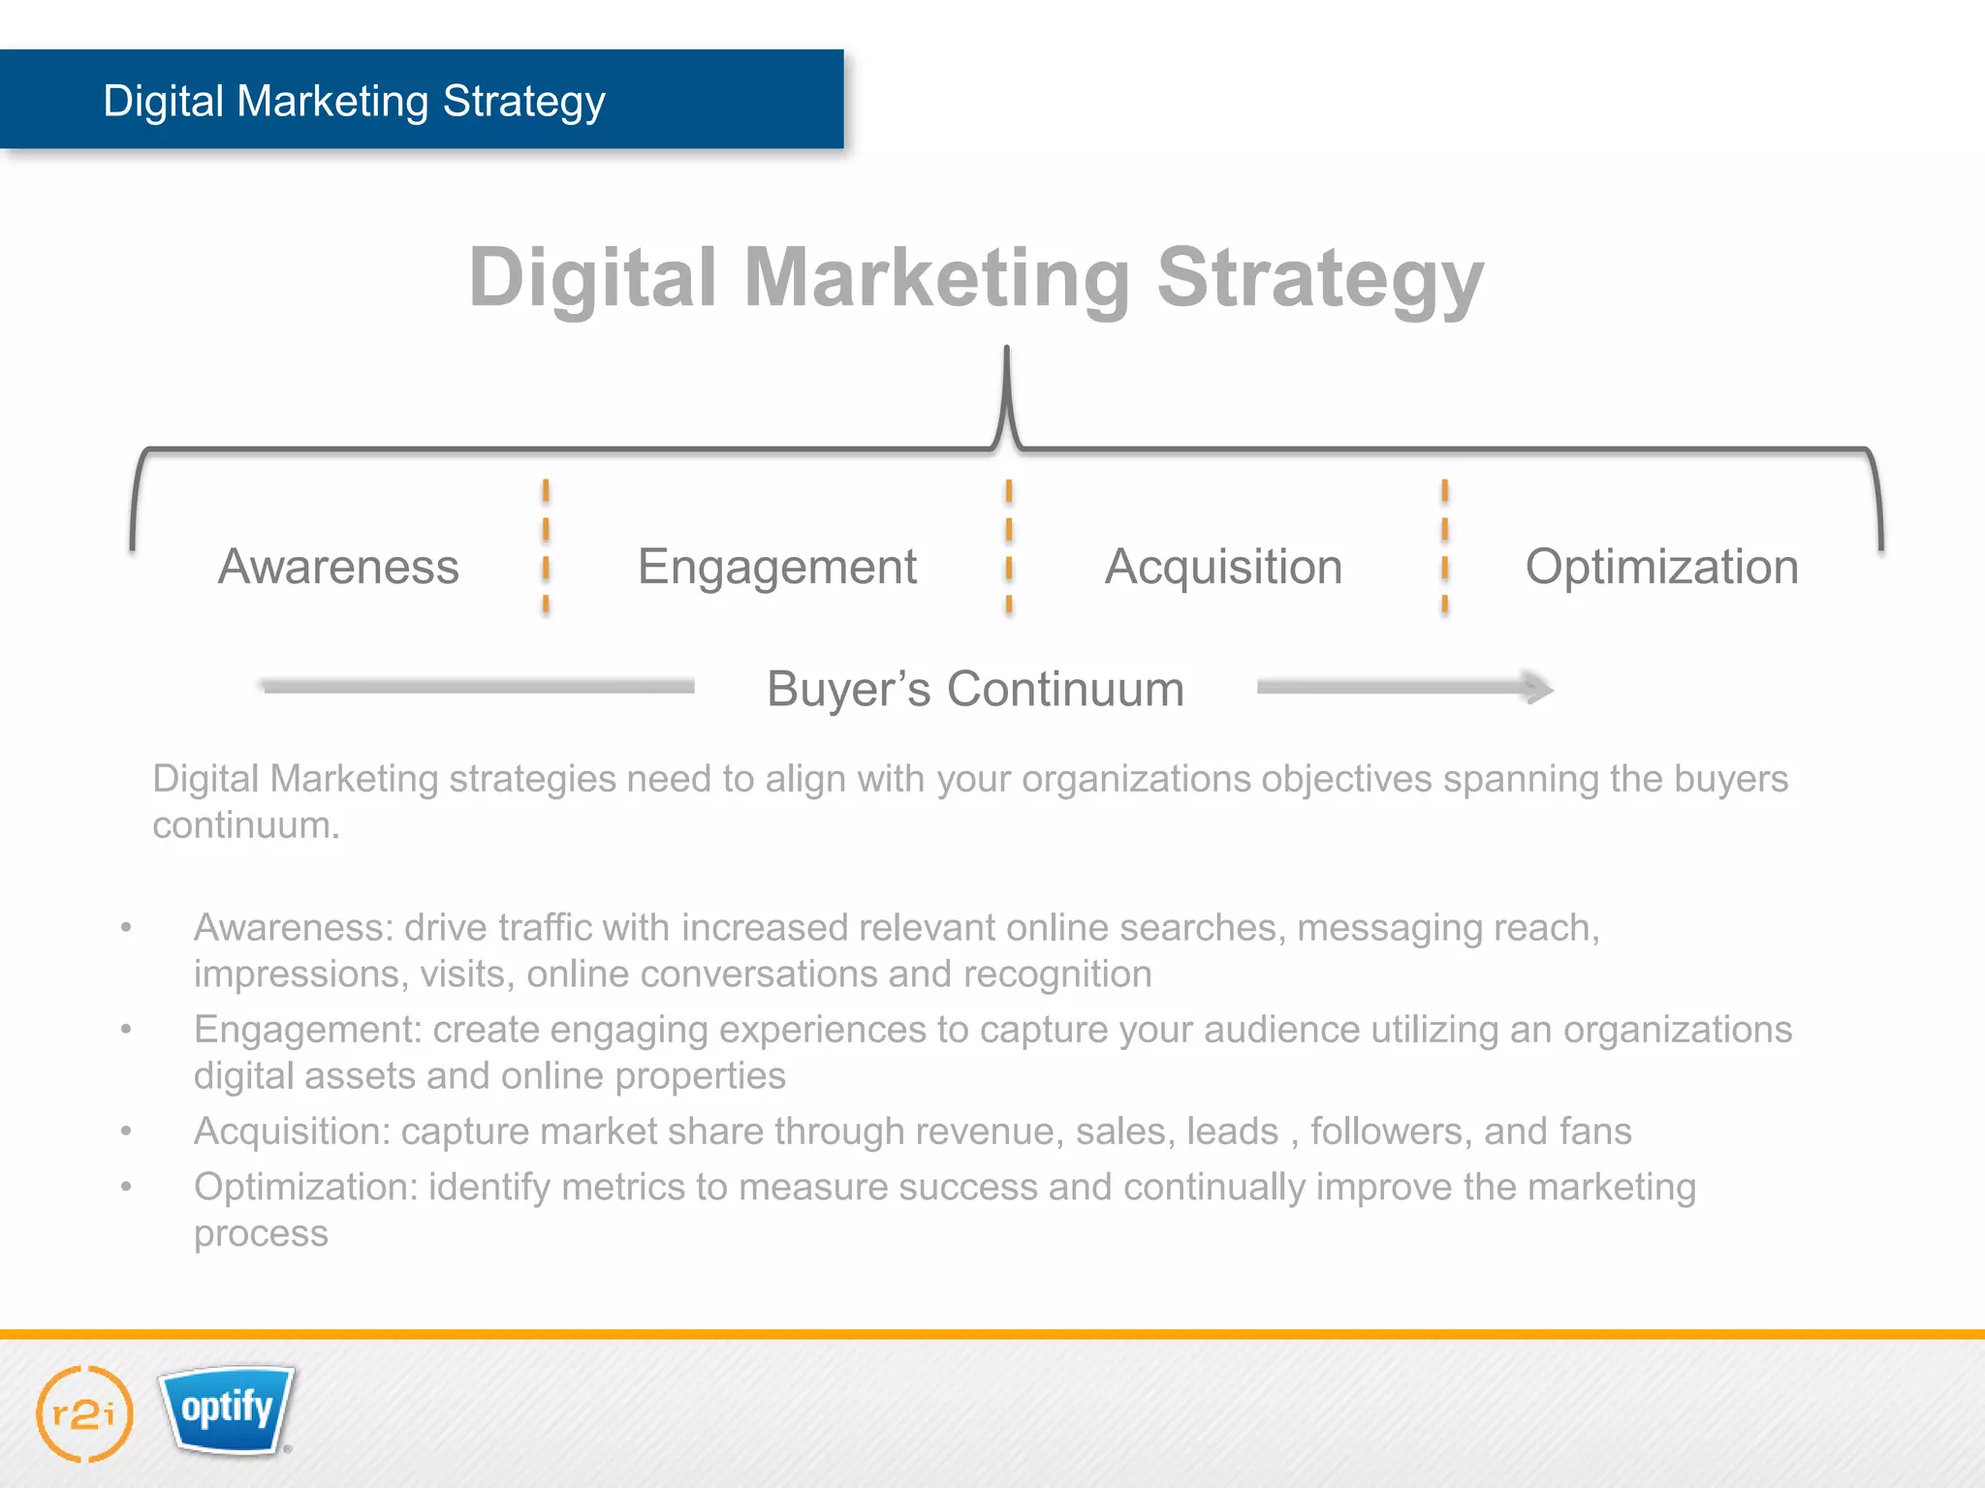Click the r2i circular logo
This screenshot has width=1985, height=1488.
point(84,1413)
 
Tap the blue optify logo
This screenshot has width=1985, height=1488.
point(228,1410)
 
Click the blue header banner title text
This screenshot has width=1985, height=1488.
point(354,101)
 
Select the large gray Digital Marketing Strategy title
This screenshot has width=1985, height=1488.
point(976,278)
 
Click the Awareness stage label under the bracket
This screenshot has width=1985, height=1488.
point(338,567)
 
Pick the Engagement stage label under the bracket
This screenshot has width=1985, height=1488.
point(776,568)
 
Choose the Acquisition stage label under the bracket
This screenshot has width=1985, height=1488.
point(1223,567)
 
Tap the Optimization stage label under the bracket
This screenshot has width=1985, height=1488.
point(1661,568)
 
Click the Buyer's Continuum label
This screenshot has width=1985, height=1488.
point(975,689)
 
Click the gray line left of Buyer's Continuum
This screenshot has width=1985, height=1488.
point(478,687)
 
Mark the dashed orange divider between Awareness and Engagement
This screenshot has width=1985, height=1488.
point(546,547)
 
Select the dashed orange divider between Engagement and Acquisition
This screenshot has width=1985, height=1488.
point(1009,547)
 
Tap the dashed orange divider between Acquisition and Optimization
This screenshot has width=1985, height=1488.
point(1444,547)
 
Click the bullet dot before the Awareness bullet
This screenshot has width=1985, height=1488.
point(126,928)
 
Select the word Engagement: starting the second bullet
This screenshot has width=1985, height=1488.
point(307,1030)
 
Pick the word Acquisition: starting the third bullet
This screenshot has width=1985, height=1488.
point(292,1131)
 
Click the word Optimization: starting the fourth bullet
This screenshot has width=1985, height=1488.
point(305,1188)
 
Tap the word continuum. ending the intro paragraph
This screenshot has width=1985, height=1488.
point(246,825)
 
